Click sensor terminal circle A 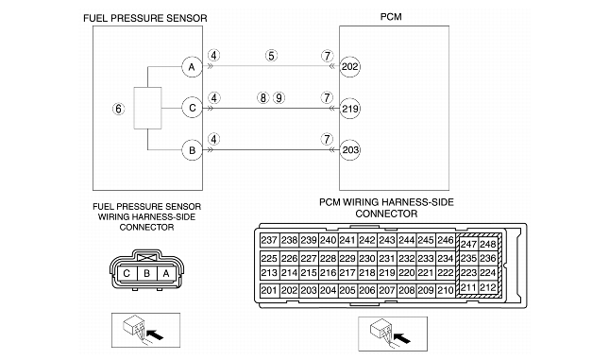(192, 67)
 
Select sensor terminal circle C (192, 108)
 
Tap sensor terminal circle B (192, 150)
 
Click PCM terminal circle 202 (350, 67)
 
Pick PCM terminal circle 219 (350, 109)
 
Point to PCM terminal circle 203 (350, 150)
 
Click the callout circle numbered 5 (271, 56)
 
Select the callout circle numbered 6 (118, 109)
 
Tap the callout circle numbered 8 (262, 97)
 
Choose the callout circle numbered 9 (279, 97)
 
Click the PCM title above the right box (391, 17)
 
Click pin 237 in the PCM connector (269, 240)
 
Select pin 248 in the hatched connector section (488, 244)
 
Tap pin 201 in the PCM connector (269, 290)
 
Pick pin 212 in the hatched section (488, 287)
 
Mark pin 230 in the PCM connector (367, 259)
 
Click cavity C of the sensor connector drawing (127, 274)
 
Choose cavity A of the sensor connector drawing (166, 274)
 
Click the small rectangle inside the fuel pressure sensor (147, 108)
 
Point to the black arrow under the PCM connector (402, 338)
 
